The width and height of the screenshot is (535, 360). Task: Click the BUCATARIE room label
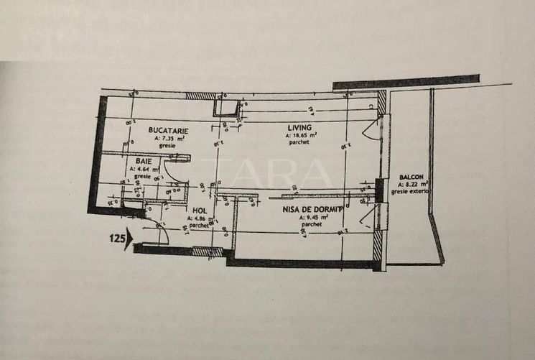pos(168,130)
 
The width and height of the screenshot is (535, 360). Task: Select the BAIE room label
pos(142,161)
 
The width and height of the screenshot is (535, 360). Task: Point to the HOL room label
pos(200,211)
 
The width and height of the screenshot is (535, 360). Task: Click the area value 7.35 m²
pos(169,138)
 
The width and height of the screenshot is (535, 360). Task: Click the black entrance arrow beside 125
pos(128,240)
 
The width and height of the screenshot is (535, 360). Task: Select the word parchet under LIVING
pos(301,142)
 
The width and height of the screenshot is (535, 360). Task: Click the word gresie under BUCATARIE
pos(167,145)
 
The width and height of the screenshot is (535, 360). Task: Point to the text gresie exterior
pos(411,192)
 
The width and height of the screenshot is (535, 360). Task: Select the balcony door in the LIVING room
pos(371,130)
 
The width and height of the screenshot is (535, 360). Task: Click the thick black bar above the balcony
pos(406,81)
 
